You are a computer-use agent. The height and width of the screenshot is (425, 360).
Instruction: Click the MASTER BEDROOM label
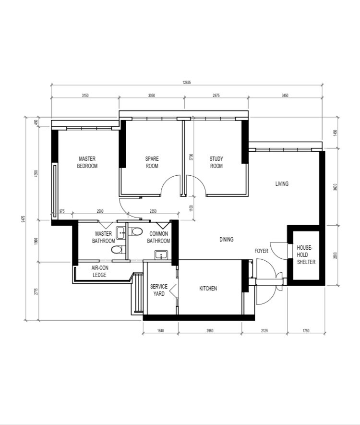click(88, 162)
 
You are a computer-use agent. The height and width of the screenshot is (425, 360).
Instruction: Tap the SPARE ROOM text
click(152, 162)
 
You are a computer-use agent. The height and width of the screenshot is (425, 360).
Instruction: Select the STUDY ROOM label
click(216, 162)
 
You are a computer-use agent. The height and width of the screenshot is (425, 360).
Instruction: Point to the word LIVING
click(282, 183)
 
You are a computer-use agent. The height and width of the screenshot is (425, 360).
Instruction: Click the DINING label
click(226, 240)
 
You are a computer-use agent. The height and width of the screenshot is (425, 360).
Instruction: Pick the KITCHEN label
click(208, 289)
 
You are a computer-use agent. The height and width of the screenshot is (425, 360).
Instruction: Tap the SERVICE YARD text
click(158, 290)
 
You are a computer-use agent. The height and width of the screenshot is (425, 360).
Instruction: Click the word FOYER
click(261, 251)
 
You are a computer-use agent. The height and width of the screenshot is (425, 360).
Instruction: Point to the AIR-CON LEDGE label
click(99, 272)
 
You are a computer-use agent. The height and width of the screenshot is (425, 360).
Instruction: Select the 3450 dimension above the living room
click(285, 96)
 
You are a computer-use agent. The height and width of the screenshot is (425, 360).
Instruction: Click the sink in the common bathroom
click(160, 254)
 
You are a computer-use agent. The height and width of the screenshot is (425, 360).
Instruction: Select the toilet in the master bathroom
click(116, 250)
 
